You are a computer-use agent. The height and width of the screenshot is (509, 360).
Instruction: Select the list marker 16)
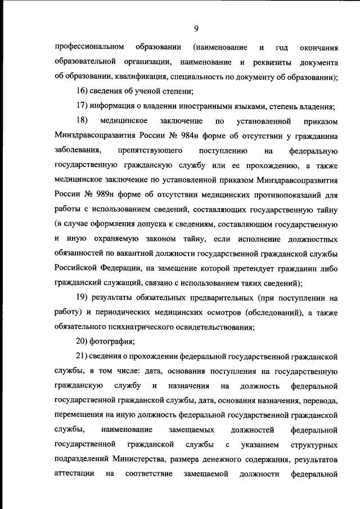(x=83, y=91)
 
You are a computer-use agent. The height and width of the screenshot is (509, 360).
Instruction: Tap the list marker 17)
(x=83, y=106)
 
